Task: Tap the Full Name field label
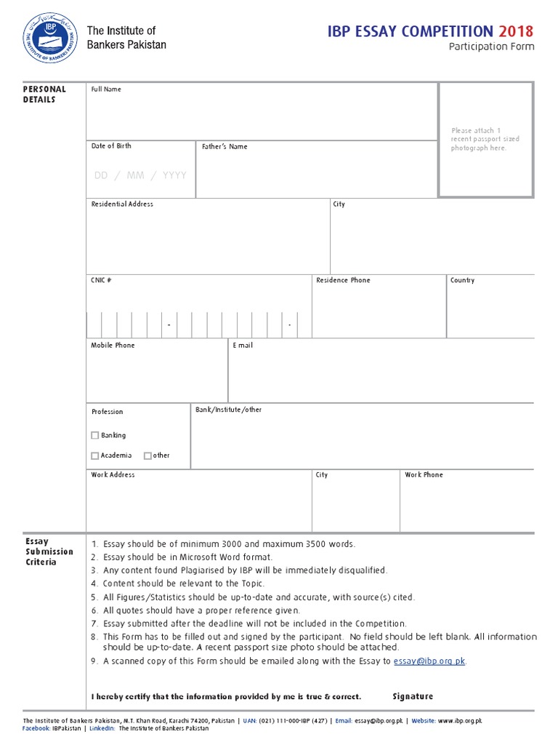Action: click(x=106, y=89)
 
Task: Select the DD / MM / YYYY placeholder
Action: click(x=140, y=175)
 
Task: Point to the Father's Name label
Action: click(x=225, y=147)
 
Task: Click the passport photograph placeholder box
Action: click(x=485, y=140)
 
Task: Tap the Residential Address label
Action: click(x=122, y=204)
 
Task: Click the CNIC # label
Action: click(x=101, y=280)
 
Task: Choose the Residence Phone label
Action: click(x=343, y=280)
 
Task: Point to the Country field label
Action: click(x=462, y=280)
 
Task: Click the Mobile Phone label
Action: click(x=113, y=346)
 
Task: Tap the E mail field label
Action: click(x=243, y=346)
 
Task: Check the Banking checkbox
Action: click(x=95, y=436)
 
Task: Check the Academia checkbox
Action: click(x=95, y=456)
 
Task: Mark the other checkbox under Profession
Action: click(x=147, y=456)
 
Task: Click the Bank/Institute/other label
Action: click(x=228, y=410)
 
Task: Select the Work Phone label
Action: click(x=424, y=475)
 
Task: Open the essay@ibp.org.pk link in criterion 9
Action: click(x=429, y=661)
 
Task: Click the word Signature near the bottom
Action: click(x=413, y=697)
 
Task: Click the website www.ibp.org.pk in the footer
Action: click(x=460, y=721)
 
